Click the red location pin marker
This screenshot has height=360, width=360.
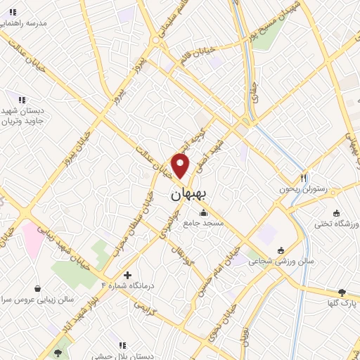[x=181, y=165]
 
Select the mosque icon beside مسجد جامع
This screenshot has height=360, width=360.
[x=204, y=212]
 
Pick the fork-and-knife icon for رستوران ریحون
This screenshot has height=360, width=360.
[x=304, y=178]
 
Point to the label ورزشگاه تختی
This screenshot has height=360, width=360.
[x=335, y=224]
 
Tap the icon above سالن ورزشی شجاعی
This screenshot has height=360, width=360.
[x=281, y=250]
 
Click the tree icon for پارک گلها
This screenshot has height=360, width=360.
[x=342, y=292]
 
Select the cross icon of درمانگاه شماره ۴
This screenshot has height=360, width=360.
[x=127, y=275]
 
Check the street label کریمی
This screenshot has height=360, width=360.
[x=143, y=307]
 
